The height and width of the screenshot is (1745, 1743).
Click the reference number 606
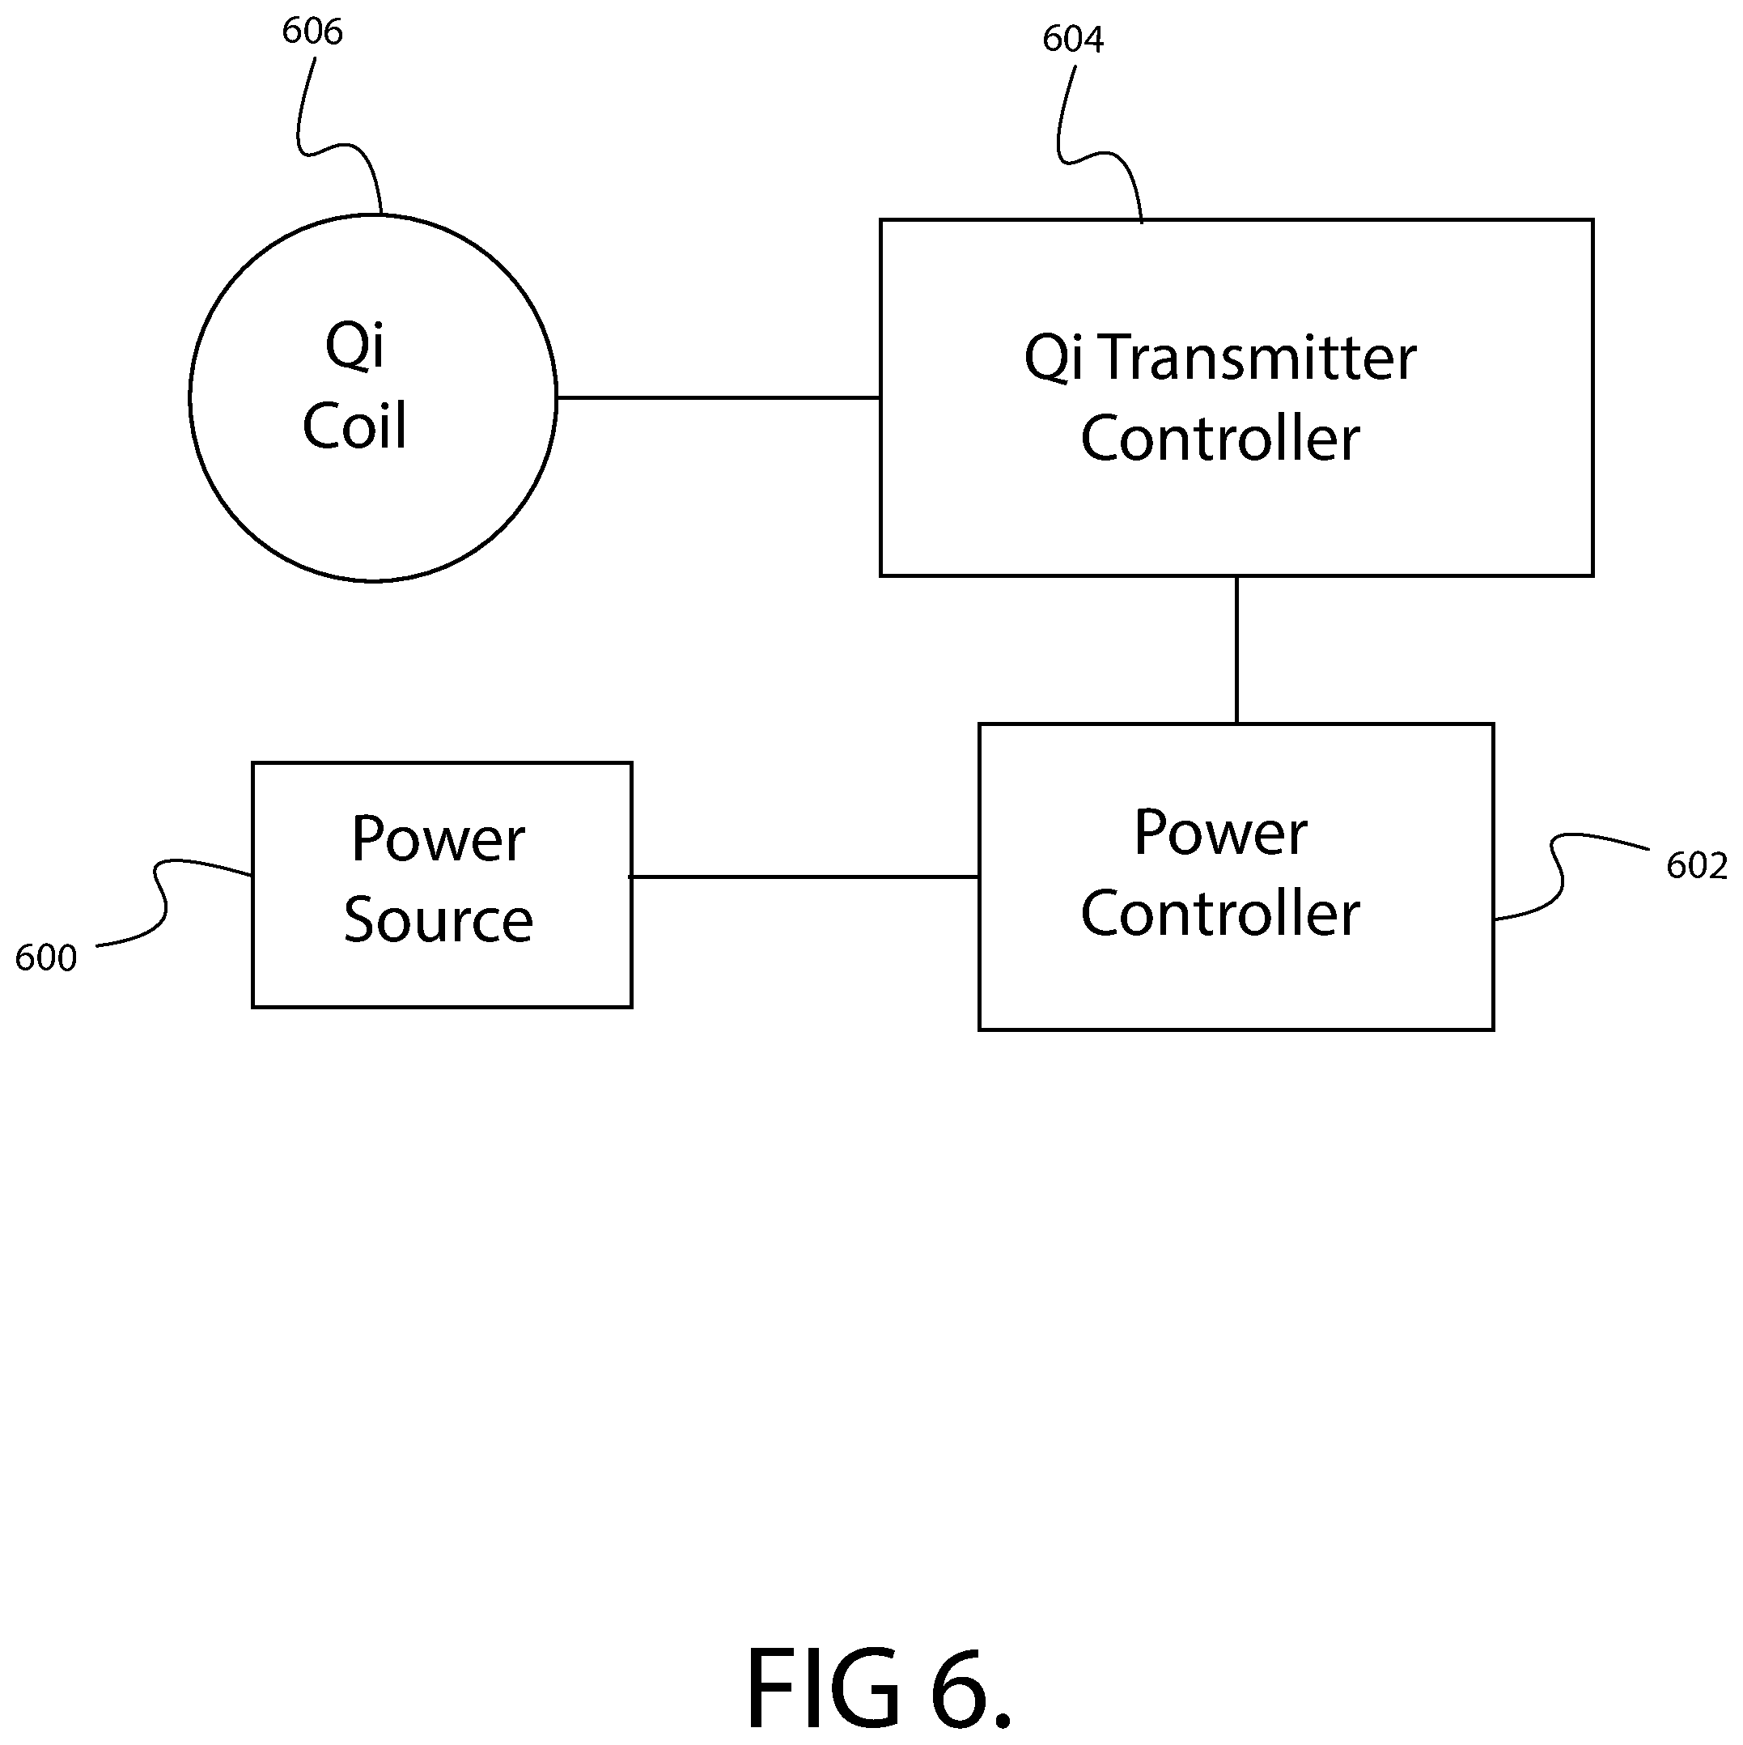312,32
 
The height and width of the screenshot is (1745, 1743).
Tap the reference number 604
1073,39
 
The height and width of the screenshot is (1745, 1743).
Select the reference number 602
1696,866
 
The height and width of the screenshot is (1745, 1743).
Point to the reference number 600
46,958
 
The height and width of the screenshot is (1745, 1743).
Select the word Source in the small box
438,919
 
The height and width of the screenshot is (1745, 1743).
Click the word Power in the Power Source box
438,839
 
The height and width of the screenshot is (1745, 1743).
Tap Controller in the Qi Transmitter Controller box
1220,439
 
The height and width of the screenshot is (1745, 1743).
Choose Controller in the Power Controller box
1220,913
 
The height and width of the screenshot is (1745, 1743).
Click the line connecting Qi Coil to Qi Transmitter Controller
718,397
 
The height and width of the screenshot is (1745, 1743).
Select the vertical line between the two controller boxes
1236,649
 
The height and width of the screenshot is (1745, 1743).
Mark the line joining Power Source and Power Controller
804,876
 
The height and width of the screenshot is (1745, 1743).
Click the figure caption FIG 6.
879,1686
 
